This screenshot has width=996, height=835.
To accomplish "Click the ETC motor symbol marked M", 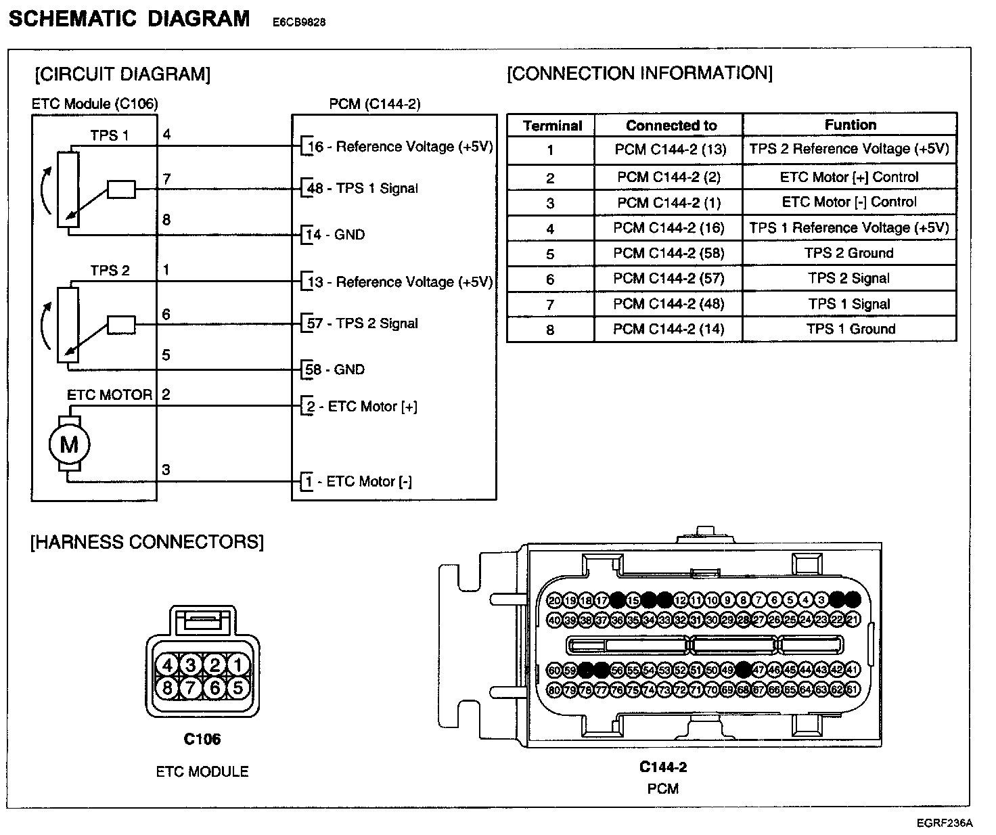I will click(x=69, y=445).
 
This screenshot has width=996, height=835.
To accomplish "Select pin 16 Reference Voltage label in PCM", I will click(x=400, y=147).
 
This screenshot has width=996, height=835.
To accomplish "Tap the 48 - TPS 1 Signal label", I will click(x=363, y=188).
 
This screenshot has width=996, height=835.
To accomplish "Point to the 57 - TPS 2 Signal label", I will click(x=363, y=323).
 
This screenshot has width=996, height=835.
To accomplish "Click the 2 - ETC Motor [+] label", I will click(x=361, y=407).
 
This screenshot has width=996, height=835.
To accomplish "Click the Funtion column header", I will click(x=850, y=125).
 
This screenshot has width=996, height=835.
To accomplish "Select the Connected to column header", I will click(x=671, y=125).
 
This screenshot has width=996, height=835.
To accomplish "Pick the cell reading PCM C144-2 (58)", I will click(x=669, y=253).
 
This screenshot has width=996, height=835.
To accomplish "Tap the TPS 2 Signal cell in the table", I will click(x=849, y=278).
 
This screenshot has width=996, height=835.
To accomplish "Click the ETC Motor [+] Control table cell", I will click(x=849, y=177).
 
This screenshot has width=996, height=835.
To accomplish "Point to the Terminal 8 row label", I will click(x=550, y=330).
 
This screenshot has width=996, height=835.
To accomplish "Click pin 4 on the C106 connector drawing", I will click(x=168, y=666).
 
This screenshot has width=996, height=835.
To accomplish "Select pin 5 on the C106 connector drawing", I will click(x=237, y=688).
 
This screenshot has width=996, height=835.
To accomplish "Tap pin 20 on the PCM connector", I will click(x=555, y=600).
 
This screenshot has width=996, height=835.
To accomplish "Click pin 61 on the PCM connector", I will click(x=853, y=690).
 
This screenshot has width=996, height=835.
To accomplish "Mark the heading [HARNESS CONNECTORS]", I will click(x=147, y=542).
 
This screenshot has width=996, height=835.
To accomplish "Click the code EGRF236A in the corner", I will click(x=945, y=823).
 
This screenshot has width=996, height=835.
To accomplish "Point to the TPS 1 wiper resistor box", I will click(x=122, y=189).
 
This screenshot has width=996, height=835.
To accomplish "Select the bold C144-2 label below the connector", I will click(x=662, y=767).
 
